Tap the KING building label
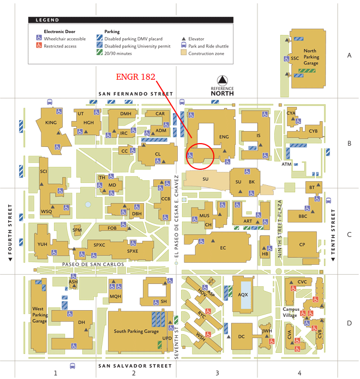click(51, 123)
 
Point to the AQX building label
click(243, 294)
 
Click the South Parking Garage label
click(136, 331)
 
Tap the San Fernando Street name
click(135, 94)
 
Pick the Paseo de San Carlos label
click(93, 264)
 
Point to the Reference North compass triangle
click(222, 80)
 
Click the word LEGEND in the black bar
click(47, 20)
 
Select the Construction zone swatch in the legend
click(184, 54)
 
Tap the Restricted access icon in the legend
click(39, 46)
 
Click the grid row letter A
click(349, 55)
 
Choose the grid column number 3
click(217, 373)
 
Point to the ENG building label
click(223, 137)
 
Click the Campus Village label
click(293, 312)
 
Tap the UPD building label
click(167, 338)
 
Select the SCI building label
click(44, 171)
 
